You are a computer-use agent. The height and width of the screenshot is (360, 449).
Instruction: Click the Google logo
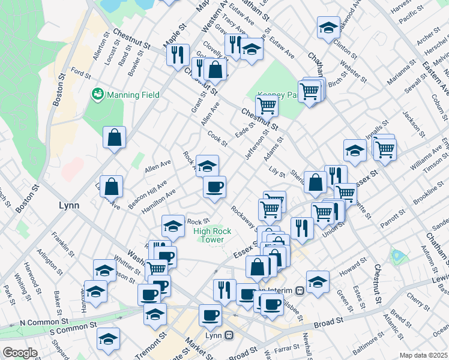pyautogui.click(x=20, y=353)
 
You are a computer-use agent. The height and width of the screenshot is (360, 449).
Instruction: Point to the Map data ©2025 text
pyautogui.click(x=423, y=355)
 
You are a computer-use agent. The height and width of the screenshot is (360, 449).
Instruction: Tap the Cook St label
pyautogui.click(x=217, y=139)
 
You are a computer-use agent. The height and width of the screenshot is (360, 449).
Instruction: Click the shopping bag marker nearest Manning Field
pyautogui.click(x=114, y=137)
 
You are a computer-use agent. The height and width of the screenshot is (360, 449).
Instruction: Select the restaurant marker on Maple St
pyautogui.click(x=178, y=55)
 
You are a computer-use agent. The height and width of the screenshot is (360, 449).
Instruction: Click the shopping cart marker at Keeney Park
pyautogui.click(x=267, y=106)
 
